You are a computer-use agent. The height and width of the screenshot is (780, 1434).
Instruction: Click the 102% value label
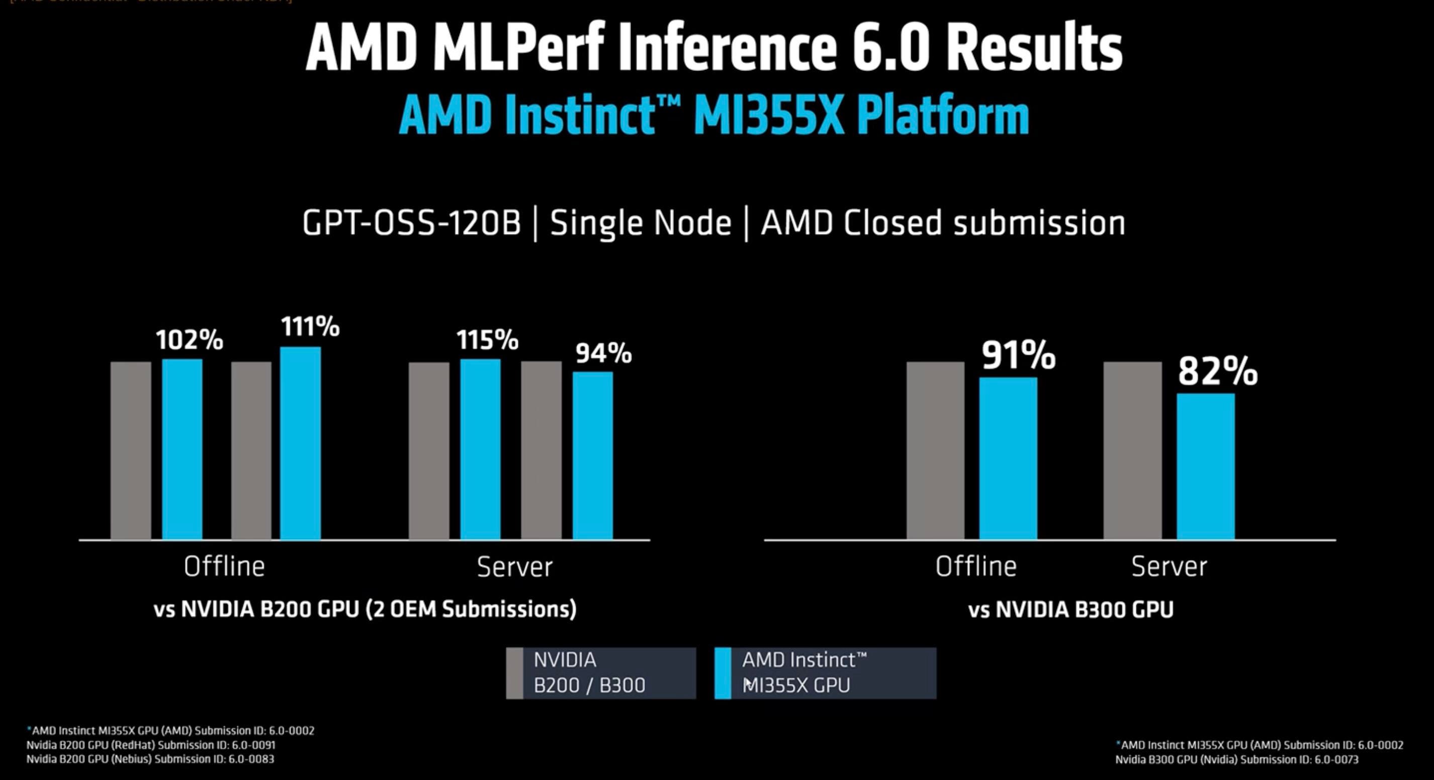pos(189,340)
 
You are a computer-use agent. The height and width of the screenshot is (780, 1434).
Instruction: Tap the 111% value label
pos(310,327)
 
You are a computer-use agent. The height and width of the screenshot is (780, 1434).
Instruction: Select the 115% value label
pos(487,340)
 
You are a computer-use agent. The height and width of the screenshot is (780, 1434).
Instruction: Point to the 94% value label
pos(603,353)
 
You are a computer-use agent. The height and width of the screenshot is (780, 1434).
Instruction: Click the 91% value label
pos(1018,355)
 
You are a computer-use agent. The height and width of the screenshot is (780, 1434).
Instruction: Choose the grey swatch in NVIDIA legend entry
pos(514,673)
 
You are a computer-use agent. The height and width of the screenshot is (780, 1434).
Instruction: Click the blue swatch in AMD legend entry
pos(723,673)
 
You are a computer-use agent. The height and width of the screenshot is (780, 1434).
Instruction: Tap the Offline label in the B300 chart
pos(975,567)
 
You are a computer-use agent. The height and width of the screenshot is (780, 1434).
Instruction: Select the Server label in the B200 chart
pos(514,567)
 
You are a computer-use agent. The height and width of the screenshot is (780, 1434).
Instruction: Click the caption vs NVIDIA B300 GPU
pos(1070,609)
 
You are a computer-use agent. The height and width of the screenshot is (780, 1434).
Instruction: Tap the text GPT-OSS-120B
pos(411,223)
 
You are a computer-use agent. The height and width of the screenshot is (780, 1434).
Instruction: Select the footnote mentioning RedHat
pos(150,745)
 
